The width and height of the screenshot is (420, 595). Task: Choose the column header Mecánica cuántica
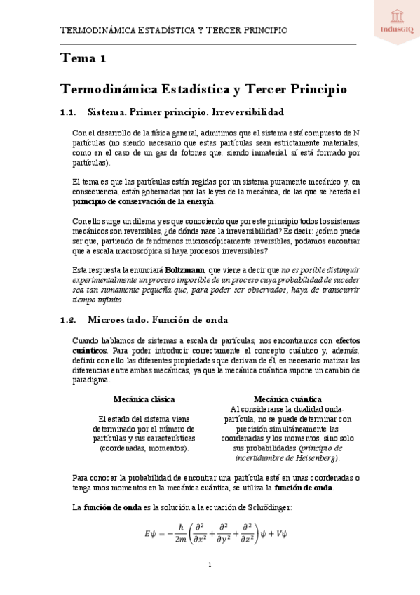287,399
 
